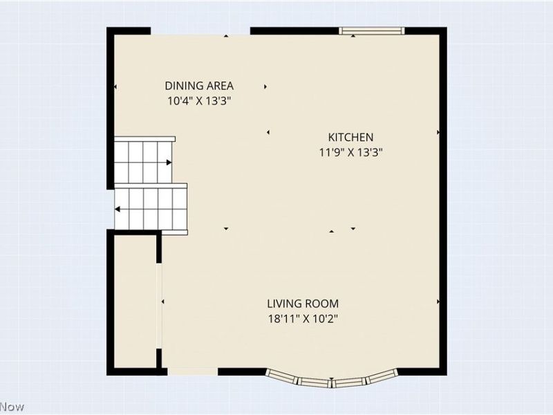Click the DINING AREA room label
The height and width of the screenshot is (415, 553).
(x=199, y=86)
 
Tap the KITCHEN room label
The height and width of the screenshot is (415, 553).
(x=350, y=137)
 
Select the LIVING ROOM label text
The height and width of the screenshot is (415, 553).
(x=303, y=304)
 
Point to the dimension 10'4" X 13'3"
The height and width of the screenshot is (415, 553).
(x=199, y=101)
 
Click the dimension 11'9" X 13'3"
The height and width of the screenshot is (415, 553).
(x=351, y=152)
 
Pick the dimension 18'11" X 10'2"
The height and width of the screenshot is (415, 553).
(x=303, y=319)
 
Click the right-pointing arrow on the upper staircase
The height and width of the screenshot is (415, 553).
(x=169, y=163)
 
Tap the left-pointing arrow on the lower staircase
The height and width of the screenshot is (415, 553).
(x=118, y=210)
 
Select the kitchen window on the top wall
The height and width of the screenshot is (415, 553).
(x=372, y=31)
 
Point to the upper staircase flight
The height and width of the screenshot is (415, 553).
(x=144, y=160)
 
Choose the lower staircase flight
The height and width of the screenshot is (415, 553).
(x=151, y=209)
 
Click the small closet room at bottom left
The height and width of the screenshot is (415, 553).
(x=135, y=302)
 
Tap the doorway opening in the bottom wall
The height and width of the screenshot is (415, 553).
(x=193, y=371)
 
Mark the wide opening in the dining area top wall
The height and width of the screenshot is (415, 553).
(x=200, y=32)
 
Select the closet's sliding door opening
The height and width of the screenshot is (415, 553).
(x=160, y=306)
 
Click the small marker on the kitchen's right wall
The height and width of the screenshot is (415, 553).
(x=438, y=132)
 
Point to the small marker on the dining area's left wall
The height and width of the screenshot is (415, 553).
(x=115, y=87)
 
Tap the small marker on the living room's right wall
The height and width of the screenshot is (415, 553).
(x=438, y=302)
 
